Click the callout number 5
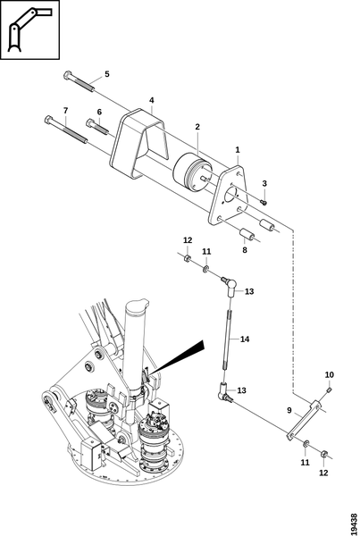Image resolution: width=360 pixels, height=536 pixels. point(107,74)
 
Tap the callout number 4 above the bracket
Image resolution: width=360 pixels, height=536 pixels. point(152,100)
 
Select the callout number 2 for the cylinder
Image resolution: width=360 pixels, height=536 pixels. point(197,127)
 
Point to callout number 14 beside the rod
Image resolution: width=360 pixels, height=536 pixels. point(245,339)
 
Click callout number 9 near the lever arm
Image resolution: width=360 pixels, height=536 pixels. point(289,410)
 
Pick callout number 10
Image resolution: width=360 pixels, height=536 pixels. point(330,374)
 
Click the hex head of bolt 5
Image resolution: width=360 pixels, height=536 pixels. point(68,75)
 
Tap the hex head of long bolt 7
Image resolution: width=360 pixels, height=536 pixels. point(48,120)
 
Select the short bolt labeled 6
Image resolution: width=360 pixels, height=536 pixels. point(97,127)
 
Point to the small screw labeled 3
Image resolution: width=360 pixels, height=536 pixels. point(264,203)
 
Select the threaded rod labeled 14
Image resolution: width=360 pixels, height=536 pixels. point(228,339)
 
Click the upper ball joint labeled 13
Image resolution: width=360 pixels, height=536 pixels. point(230,286)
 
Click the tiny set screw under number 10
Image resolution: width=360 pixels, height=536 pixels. point(329,389)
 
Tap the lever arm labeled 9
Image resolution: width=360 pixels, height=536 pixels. point(304,421)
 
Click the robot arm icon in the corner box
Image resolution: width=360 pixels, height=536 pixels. point(29,29)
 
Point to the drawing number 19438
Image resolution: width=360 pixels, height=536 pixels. point(354,523)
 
